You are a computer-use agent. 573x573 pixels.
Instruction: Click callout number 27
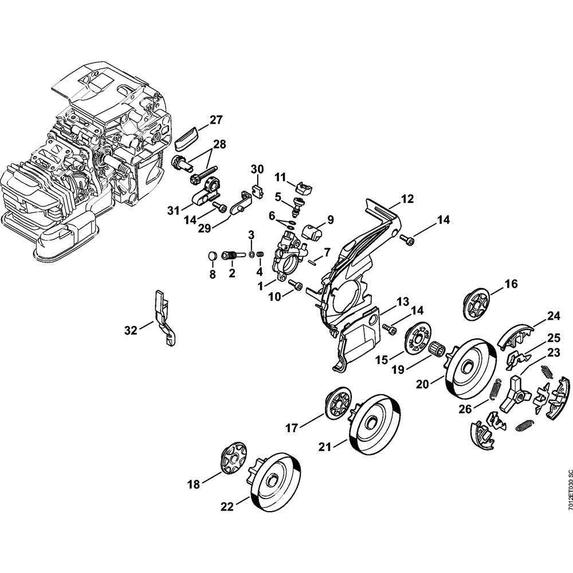click(215, 120)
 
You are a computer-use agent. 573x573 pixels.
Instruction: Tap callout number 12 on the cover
click(407, 199)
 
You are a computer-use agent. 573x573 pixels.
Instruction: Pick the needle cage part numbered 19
click(438, 350)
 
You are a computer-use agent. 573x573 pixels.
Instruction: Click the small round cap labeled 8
click(212, 256)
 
